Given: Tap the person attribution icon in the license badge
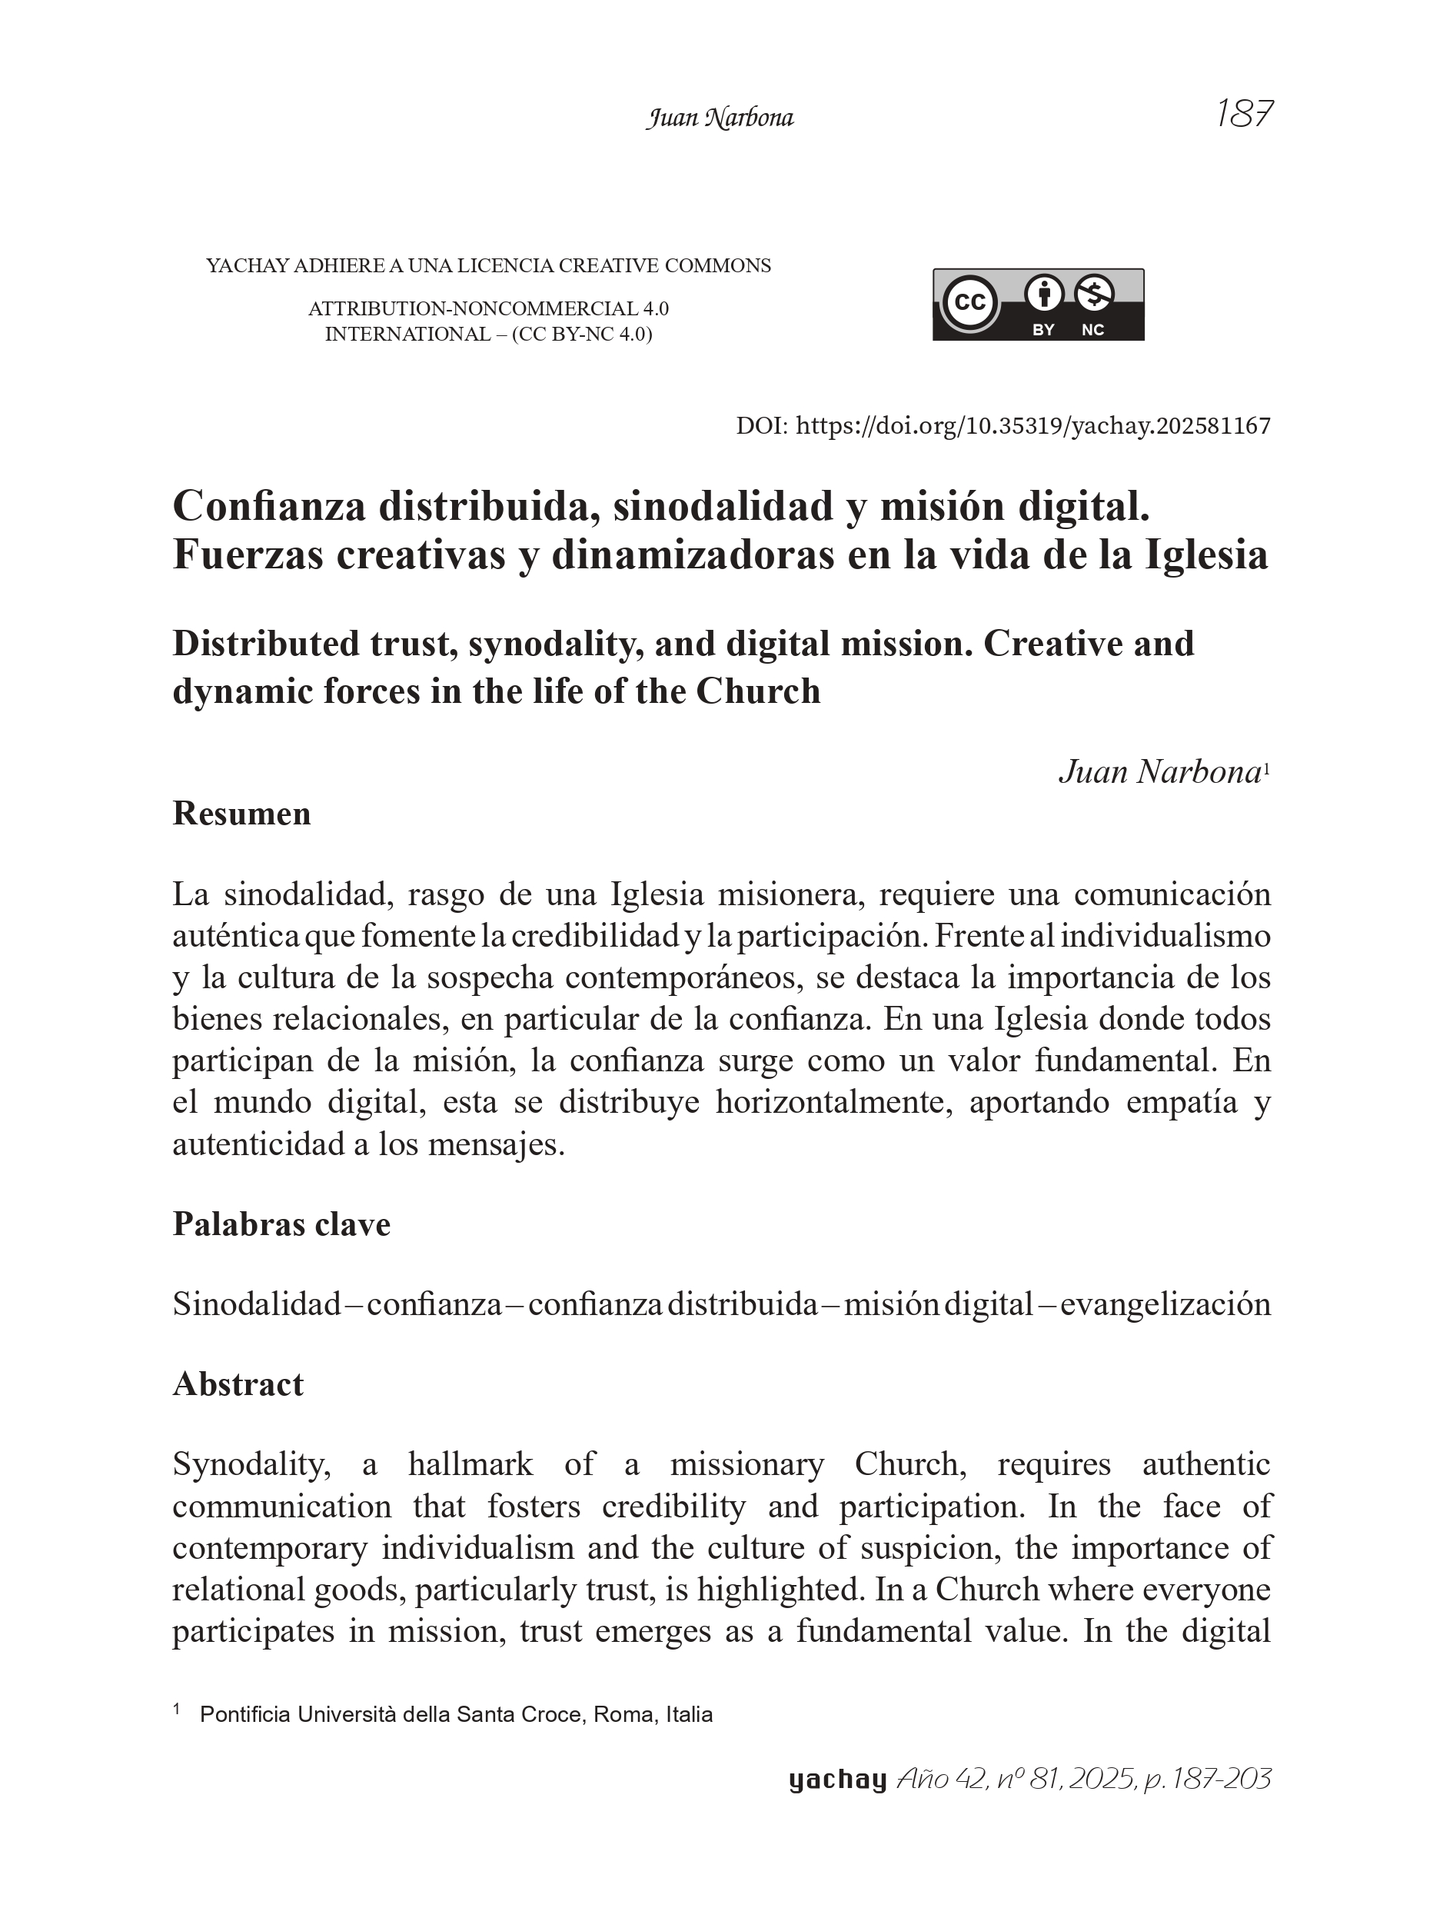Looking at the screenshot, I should coord(1044,295).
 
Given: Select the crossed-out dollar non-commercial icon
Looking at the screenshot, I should coord(1094,295).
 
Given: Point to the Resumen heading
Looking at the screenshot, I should coord(241,814).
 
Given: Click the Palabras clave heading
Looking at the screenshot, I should coord(281,1224).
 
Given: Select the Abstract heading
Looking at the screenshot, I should coord(238,1384).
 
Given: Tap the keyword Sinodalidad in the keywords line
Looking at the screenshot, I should coord(257,1304).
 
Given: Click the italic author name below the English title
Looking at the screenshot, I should coord(1159,772).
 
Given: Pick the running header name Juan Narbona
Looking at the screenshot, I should coord(720,118).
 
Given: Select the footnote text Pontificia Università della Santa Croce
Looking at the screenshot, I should coord(456,1714).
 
